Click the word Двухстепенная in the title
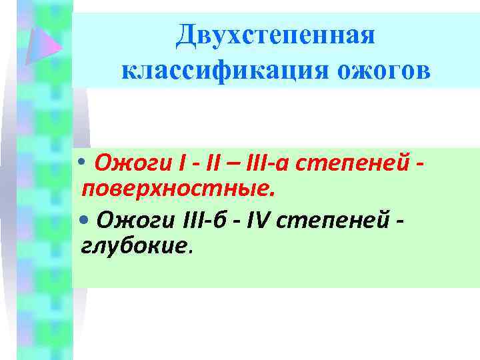point(275,35)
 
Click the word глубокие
point(136,248)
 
